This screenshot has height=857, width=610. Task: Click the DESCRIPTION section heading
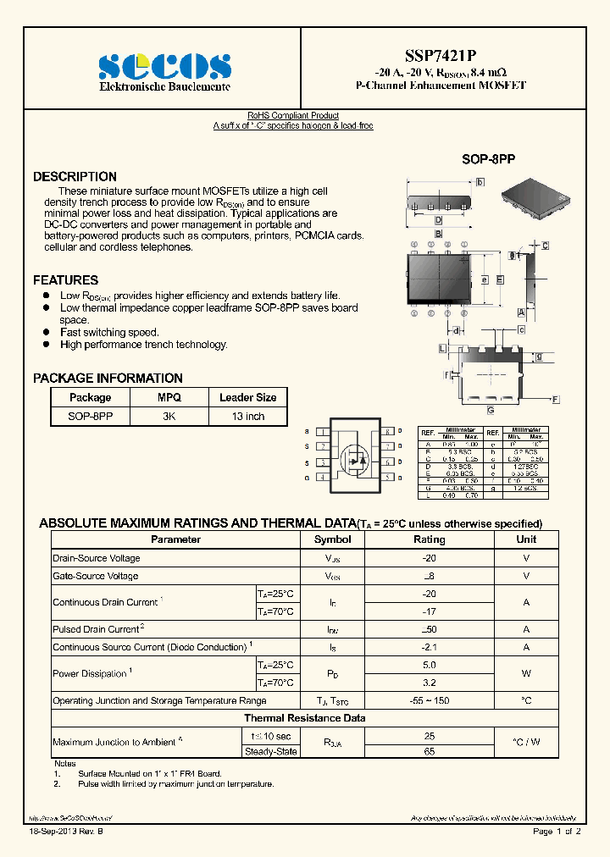pos(75,177)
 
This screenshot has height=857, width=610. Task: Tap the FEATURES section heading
pos(65,280)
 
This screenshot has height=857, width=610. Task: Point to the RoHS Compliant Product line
pos(293,115)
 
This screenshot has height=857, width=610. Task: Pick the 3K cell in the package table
pos(169,417)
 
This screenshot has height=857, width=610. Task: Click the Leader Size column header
pos(247,397)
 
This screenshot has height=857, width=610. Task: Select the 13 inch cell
pos(247,417)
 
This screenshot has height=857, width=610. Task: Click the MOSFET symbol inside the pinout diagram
pos(354,457)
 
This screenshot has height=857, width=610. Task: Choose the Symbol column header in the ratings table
pos(332,539)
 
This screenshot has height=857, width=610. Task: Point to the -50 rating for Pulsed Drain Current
pos(429,629)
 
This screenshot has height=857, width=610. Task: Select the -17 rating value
pos(429,611)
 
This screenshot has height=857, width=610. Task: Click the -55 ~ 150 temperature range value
pos(429,700)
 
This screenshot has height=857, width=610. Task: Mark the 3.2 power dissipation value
pos(429,683)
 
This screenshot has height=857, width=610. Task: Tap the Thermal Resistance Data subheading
pos(305,718)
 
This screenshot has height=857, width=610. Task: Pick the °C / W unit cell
pos(526,743)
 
